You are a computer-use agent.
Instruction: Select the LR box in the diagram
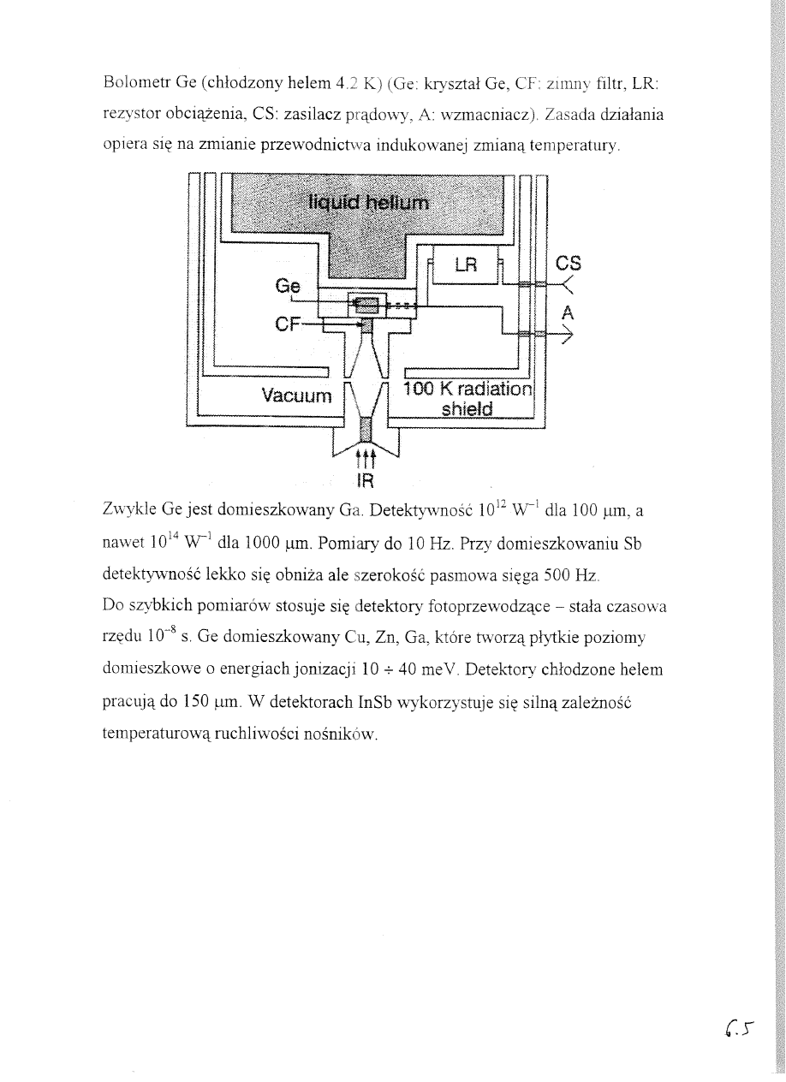click(465, 265)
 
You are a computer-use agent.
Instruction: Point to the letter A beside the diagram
click(567, 313)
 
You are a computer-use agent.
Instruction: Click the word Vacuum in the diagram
click(295, 395)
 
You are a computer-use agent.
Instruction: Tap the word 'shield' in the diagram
click(467, 409)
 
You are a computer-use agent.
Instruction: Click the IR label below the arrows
click(364, 480)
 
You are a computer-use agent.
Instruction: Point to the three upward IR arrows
click(364, 456)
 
